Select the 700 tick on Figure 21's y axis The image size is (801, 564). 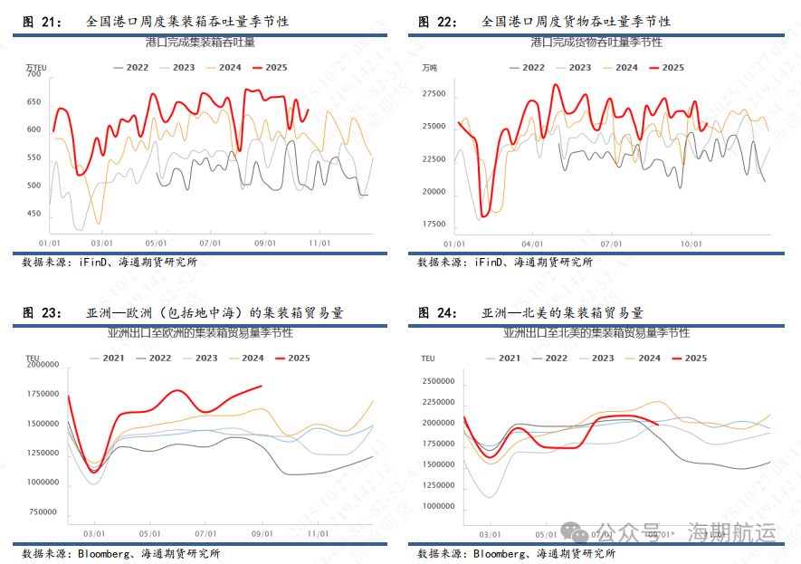point(33,74)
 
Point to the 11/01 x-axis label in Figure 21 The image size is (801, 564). point(319,243)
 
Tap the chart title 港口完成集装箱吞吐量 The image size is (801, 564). point(200,43)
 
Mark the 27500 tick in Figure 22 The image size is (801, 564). point(434,94)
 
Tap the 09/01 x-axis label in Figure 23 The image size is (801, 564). point(262,534)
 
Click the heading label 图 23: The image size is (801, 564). point(43,313)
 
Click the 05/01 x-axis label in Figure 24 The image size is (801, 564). point(545,534)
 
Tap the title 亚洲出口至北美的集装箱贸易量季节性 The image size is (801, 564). point(596,333)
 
